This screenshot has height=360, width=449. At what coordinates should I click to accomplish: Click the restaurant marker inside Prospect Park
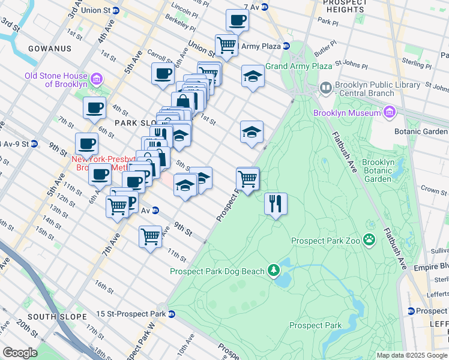coord(276,204)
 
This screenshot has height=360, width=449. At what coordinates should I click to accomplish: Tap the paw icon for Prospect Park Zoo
coord(369,241)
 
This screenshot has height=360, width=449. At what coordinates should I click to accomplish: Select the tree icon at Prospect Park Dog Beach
coord(274,271)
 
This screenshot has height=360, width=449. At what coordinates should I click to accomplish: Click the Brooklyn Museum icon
coord(390,113)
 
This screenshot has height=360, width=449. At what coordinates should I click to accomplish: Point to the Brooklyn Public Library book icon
coord(326,89)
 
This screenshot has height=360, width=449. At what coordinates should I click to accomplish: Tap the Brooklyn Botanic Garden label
coord(378,170)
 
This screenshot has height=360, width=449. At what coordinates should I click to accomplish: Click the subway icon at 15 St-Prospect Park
coord(172,314)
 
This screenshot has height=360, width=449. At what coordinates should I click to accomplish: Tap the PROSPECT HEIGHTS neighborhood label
coord(345,7)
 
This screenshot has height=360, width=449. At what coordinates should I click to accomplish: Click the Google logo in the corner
coord(20,353)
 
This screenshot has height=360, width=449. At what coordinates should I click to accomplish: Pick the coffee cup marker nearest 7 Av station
coord(237,20)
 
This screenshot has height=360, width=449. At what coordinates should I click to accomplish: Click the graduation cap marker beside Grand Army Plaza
coord(253,76)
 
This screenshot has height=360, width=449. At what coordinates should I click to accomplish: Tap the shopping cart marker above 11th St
coord(150,236)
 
